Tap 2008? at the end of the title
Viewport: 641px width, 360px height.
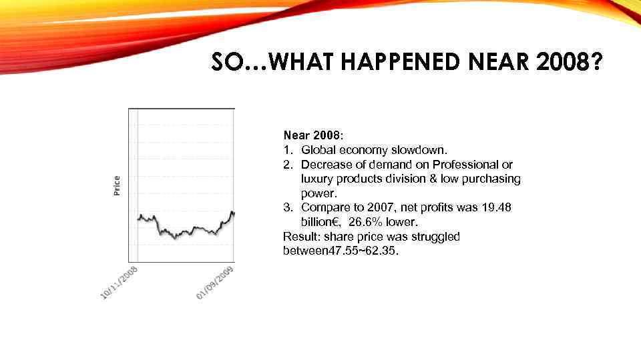(x=571, y=63)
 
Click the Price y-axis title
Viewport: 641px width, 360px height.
(x=117, y=185)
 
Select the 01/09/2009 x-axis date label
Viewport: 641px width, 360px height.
(x=215, y=282)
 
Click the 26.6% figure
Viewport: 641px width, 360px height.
(x=366, y=222)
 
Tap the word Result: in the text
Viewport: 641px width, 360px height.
(x=300, y=237)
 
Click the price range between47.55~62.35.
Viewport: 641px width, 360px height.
(x=341, y=251)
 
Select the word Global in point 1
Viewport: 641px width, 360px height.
(x=317, y=149)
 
